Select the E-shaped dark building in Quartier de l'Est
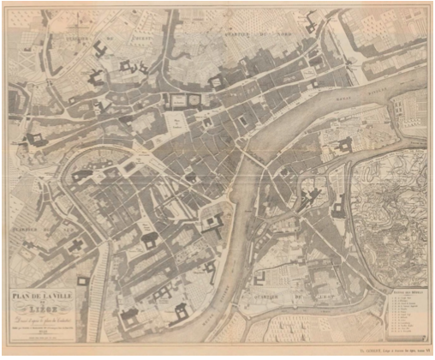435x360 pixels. (x=339, y=204)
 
